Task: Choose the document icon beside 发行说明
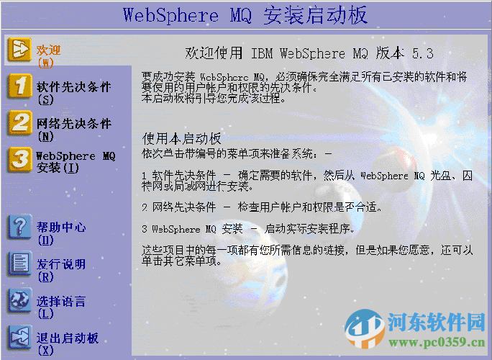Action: point(19,264)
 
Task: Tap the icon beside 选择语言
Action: point(19,301)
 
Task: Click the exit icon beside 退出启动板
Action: point(19,338)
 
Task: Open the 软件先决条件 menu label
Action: point(74,87)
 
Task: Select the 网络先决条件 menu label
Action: point(74,123)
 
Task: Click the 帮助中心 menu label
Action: point(61,228)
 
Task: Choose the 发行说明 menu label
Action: point(61,264)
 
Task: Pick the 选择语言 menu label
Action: point(61,302)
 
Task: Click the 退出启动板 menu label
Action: point(68,338)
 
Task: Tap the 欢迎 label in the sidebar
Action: point(48,50)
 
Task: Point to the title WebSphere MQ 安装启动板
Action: point(245,14)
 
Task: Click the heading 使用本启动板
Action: point(181,138)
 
